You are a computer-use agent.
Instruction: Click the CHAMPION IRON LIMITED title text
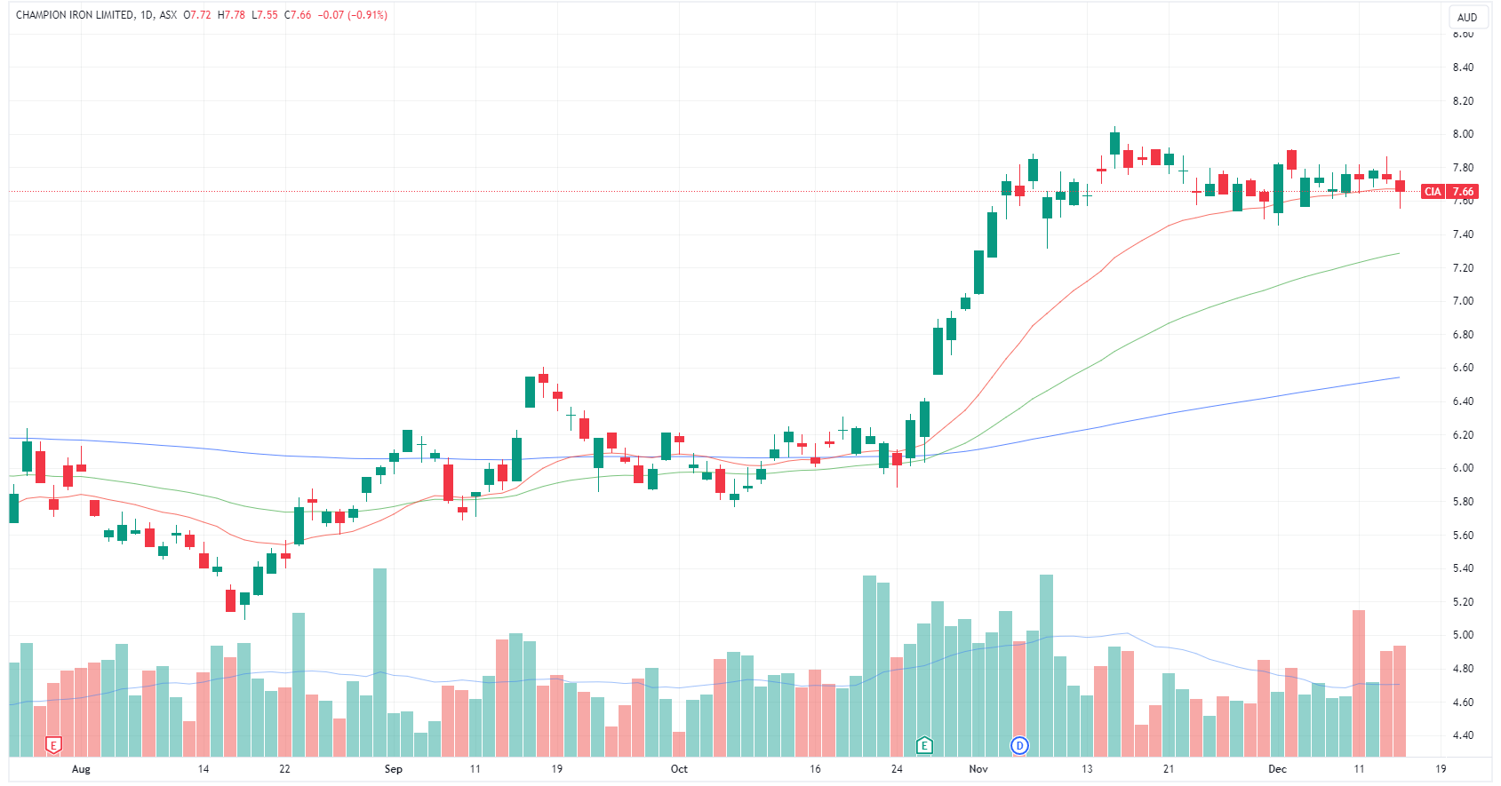tap(75, 15)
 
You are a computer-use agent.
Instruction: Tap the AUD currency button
tap(1467, 18)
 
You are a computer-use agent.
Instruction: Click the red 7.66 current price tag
tap(1463, 192)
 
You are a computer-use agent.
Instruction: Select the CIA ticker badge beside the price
tap(1433, 192)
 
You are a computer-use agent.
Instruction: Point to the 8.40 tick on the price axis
tap(1463, 67)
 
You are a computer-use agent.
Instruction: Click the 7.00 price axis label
tap(1463, 301)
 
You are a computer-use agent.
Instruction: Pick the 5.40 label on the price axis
tap(1463, 568)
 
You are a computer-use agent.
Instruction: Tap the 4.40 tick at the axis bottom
tap(1463, 735)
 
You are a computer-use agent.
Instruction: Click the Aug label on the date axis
tap(81, 769)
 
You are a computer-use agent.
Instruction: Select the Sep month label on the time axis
tap(393, 769)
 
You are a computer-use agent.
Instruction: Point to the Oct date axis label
tap(679, 769)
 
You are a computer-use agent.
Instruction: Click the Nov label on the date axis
tap(978, 769)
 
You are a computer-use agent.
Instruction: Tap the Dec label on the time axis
tap(1277, 769)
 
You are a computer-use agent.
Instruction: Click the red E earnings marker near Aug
tap(53, 745)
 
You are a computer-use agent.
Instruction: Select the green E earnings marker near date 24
tap(924, 745)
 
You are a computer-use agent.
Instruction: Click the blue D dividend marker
tap(1019, 745)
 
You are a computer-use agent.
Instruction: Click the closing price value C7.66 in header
tap(298, 15)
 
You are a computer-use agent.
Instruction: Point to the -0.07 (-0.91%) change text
tap(354, 15)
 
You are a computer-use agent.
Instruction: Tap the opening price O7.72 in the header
tap(197, 15)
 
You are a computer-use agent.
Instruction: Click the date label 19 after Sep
tap(556, 769)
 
